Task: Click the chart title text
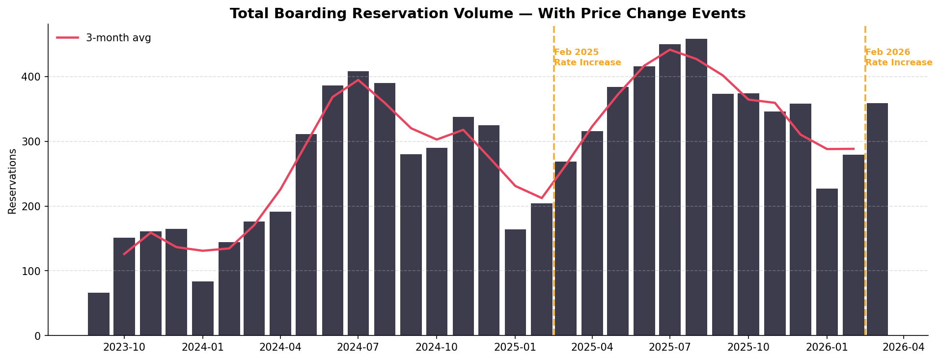point(487,14)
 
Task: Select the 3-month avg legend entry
point(104,38)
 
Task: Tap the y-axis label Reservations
point(12,181)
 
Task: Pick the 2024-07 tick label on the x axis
point(358,347)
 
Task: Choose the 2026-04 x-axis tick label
point(904,347)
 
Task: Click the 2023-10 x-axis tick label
point(124,347)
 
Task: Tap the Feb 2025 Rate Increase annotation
point(587,57)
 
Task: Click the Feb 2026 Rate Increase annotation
point(898,57)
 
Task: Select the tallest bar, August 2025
point(696,187)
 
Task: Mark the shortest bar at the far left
point(99,314)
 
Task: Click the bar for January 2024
point(202,308)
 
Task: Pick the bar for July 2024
point(358,203)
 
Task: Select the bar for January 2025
point(515,282)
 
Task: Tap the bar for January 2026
point(827,262)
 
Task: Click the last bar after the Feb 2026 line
point(877,219)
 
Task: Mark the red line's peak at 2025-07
point(670,50)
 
